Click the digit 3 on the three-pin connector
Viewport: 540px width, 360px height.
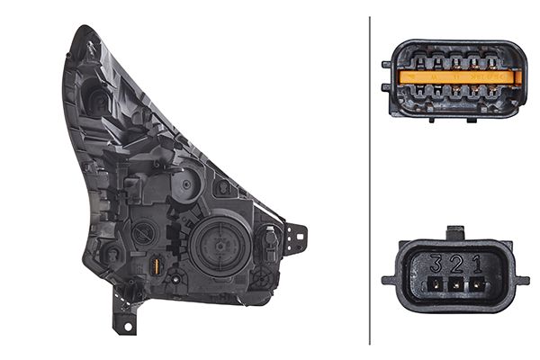pyautogui.click(x=436, y=264)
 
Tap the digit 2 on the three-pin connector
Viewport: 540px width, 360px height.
pyautogui.click(x=456, y=264)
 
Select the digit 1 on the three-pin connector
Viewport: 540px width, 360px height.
pyautogui.click(x=477, y=264)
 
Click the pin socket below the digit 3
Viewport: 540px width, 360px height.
pyautogui.click(x=436, y=284)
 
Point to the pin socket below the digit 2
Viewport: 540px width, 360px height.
pyautogui.click(x=456, y=284)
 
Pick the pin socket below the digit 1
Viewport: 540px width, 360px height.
pyautogui.click(x=477, y=284)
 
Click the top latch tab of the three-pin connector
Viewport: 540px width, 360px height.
pyautogui.click(x=455, y=233)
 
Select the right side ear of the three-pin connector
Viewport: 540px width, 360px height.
pyautogui.click(x=521, y=281)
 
